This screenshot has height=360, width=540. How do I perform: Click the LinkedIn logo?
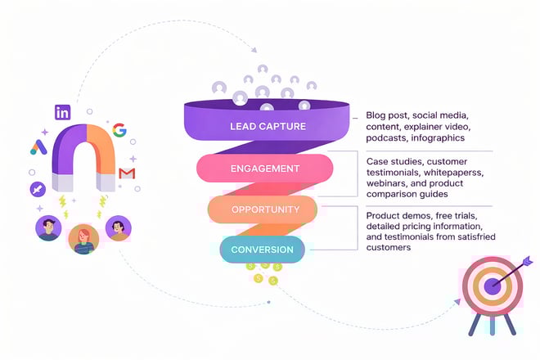pos(62,113)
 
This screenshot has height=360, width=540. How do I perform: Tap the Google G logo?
pos(120,130)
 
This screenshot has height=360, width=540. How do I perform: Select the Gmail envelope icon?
pos(127,173)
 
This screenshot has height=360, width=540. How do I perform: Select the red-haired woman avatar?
pos(83,239)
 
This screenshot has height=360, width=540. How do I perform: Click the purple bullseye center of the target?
pos(492,286)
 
